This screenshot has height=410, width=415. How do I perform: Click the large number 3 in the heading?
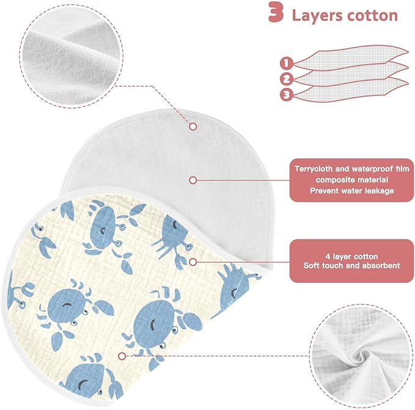(276, 12)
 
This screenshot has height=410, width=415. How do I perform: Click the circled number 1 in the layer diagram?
(287, 63)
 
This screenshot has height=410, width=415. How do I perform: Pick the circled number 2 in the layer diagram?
(287, 79)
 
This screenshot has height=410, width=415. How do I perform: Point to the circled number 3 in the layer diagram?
(287, 95)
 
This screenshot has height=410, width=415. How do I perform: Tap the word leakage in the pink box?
(380, 191)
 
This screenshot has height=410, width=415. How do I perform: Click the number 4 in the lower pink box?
(328, 257)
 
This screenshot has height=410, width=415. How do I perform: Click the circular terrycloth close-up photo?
(72, 56)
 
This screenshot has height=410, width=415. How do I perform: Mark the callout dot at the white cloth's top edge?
(193, 126)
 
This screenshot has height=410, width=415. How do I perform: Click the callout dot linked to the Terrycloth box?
(193, 180)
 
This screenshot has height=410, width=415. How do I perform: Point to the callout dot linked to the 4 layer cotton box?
(193, 262)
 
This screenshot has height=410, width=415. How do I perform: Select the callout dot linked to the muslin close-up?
(122, 356)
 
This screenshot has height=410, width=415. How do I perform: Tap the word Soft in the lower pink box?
(311, 265)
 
